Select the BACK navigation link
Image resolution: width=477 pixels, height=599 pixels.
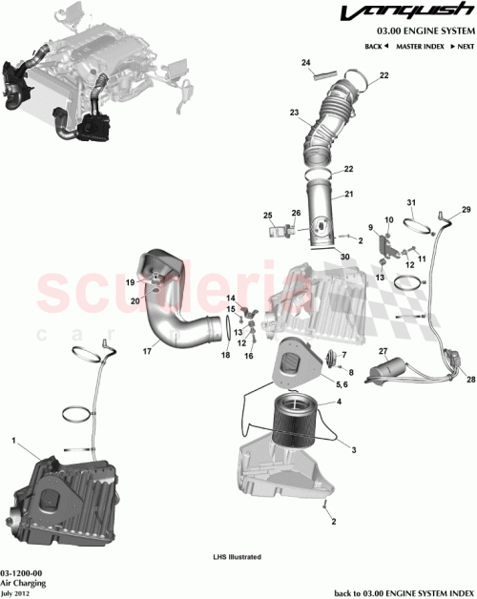point(376,46)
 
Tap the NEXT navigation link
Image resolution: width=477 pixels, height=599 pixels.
point(463,46)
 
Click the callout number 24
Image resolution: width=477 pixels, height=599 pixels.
point(306,63)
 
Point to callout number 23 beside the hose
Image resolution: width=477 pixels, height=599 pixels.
point(295,112)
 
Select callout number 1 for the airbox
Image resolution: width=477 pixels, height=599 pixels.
point(14,440)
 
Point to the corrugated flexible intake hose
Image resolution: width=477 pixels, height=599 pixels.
point(324,124)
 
